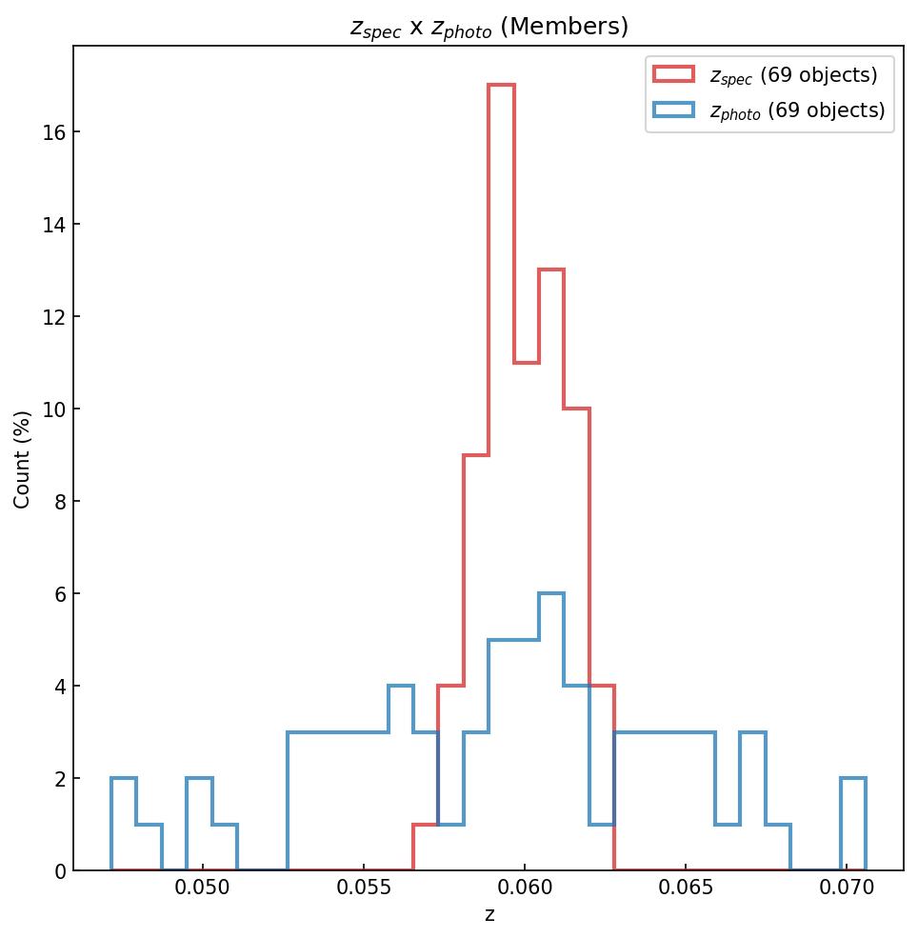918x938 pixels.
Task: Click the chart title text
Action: (489, 27)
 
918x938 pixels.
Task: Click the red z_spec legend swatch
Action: (672, 75)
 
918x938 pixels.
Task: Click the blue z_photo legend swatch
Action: (672, 110)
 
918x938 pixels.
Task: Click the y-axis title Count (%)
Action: (22, 459)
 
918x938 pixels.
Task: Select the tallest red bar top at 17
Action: (501, 86)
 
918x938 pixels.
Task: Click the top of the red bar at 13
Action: (551, 270)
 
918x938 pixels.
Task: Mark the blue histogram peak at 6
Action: (551, 594)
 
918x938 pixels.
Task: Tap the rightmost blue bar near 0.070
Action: (853, 779)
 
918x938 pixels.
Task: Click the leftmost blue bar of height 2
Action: (124, 779)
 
